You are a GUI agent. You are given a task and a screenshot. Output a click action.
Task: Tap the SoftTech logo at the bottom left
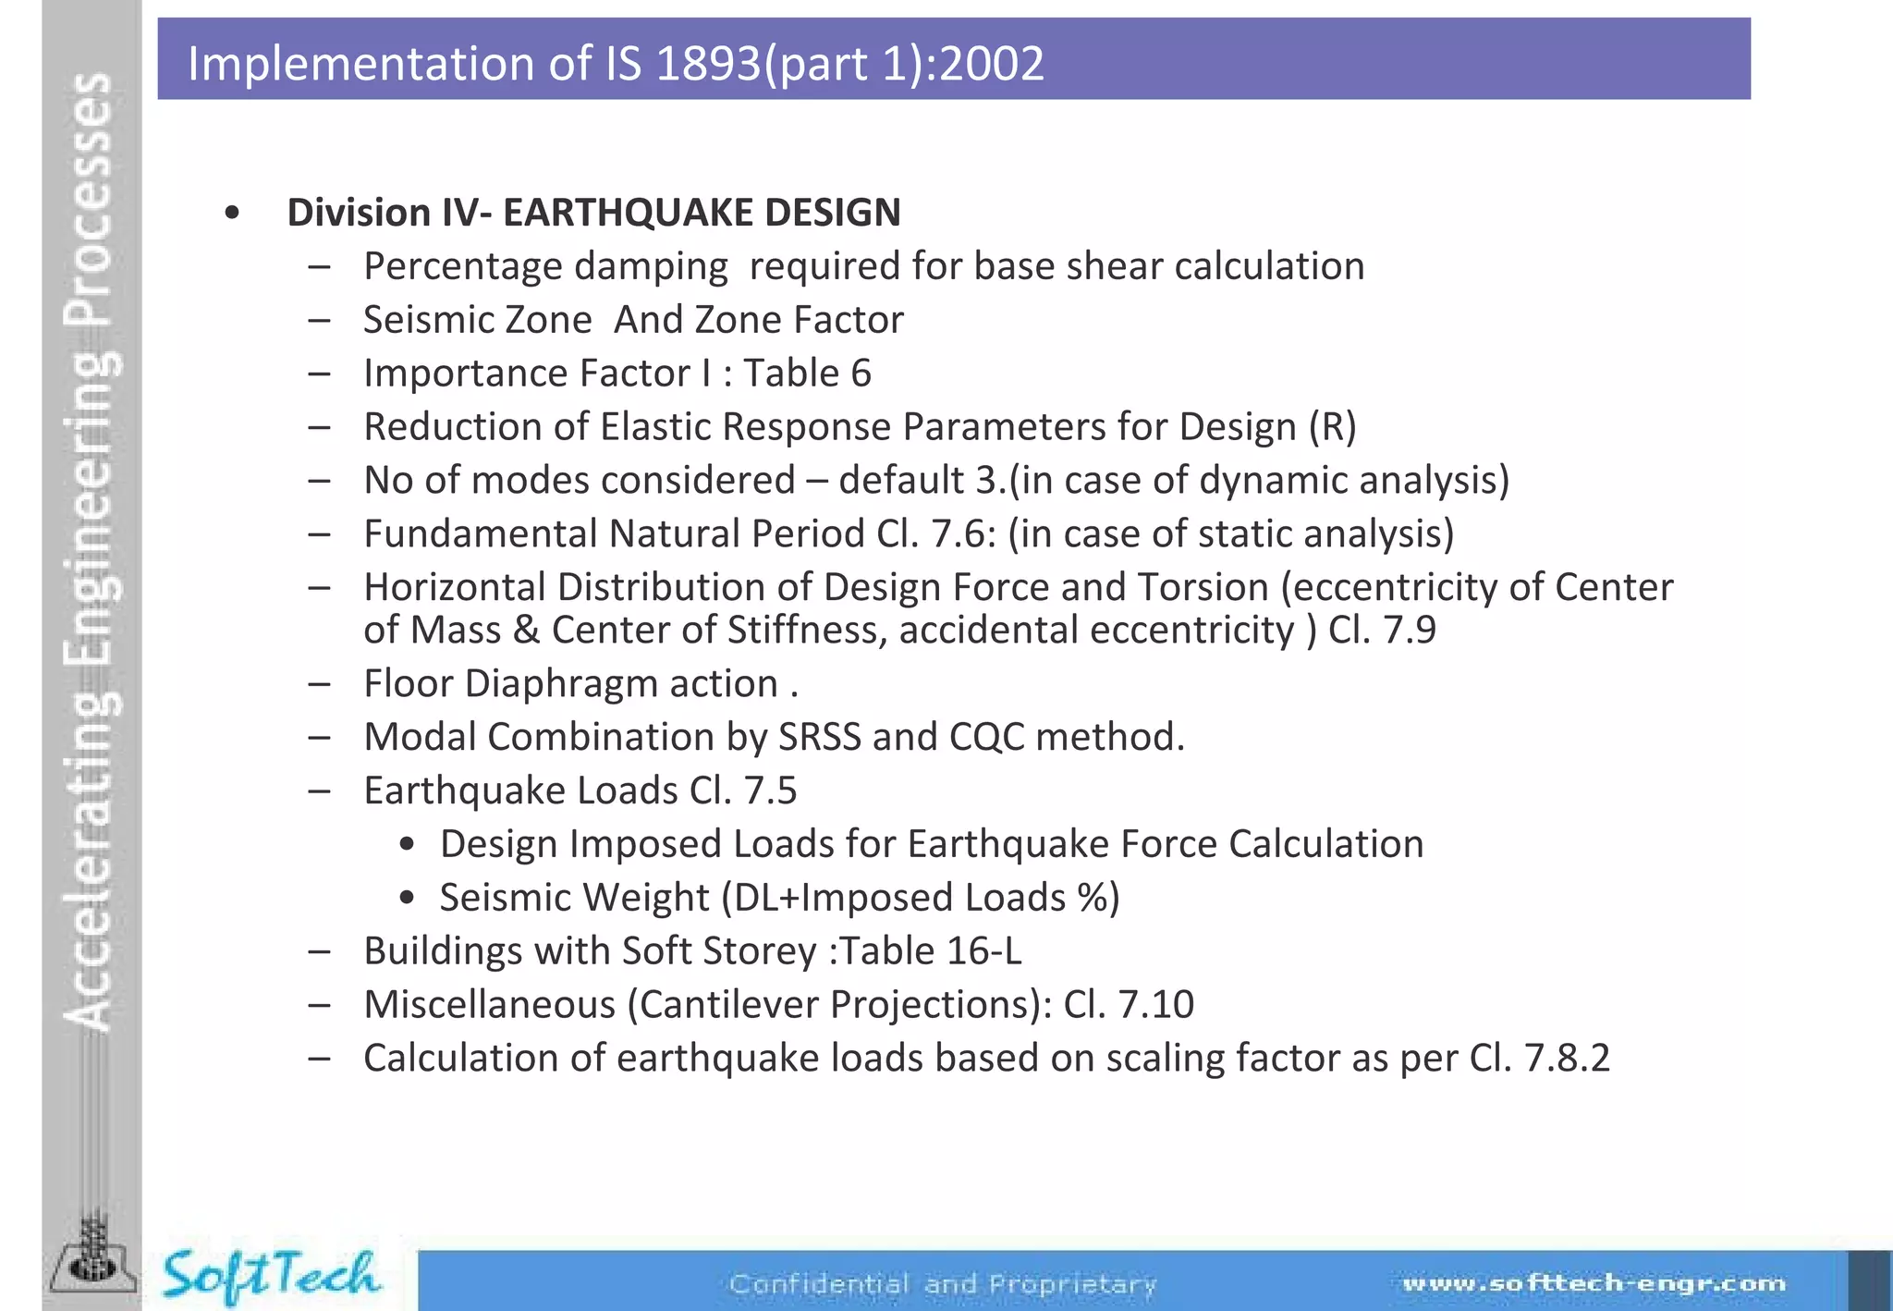[x=270, y=1276]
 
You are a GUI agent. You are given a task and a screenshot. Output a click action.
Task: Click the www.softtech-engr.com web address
[x=1594, y=1283]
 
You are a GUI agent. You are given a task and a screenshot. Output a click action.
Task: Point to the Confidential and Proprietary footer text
[x=943, y=1284]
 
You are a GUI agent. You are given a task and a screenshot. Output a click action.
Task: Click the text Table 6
[x=807, y=374]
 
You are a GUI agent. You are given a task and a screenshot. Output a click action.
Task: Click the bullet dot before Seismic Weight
[x=407, y=899]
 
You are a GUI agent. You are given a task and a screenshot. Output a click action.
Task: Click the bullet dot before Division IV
[x=232, y=214]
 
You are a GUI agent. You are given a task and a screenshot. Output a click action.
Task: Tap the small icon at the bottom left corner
[x=92, y=1262]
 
